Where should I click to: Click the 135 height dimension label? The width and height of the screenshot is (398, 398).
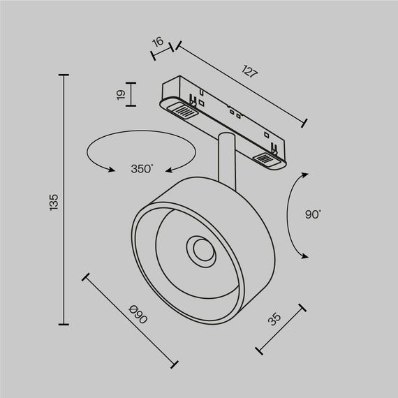pos(53,200)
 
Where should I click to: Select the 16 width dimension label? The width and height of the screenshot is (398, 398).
pos(159,43)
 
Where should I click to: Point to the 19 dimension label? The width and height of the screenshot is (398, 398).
pos(121,94)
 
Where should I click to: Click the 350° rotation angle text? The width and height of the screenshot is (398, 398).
pos(142,168)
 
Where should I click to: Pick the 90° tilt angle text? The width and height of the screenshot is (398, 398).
pos(313,215)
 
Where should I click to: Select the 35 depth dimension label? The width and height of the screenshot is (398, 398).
pos(274,320)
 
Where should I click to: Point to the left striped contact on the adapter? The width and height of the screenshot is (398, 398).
pos(184,110)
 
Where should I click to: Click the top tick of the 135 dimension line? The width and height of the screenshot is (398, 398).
pos(65,75)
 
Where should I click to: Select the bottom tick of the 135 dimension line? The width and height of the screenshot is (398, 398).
pos(65,324)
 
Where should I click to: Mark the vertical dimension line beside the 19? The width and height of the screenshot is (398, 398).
pos(133,94)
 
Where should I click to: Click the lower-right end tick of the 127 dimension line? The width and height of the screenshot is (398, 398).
pos(304,124)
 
